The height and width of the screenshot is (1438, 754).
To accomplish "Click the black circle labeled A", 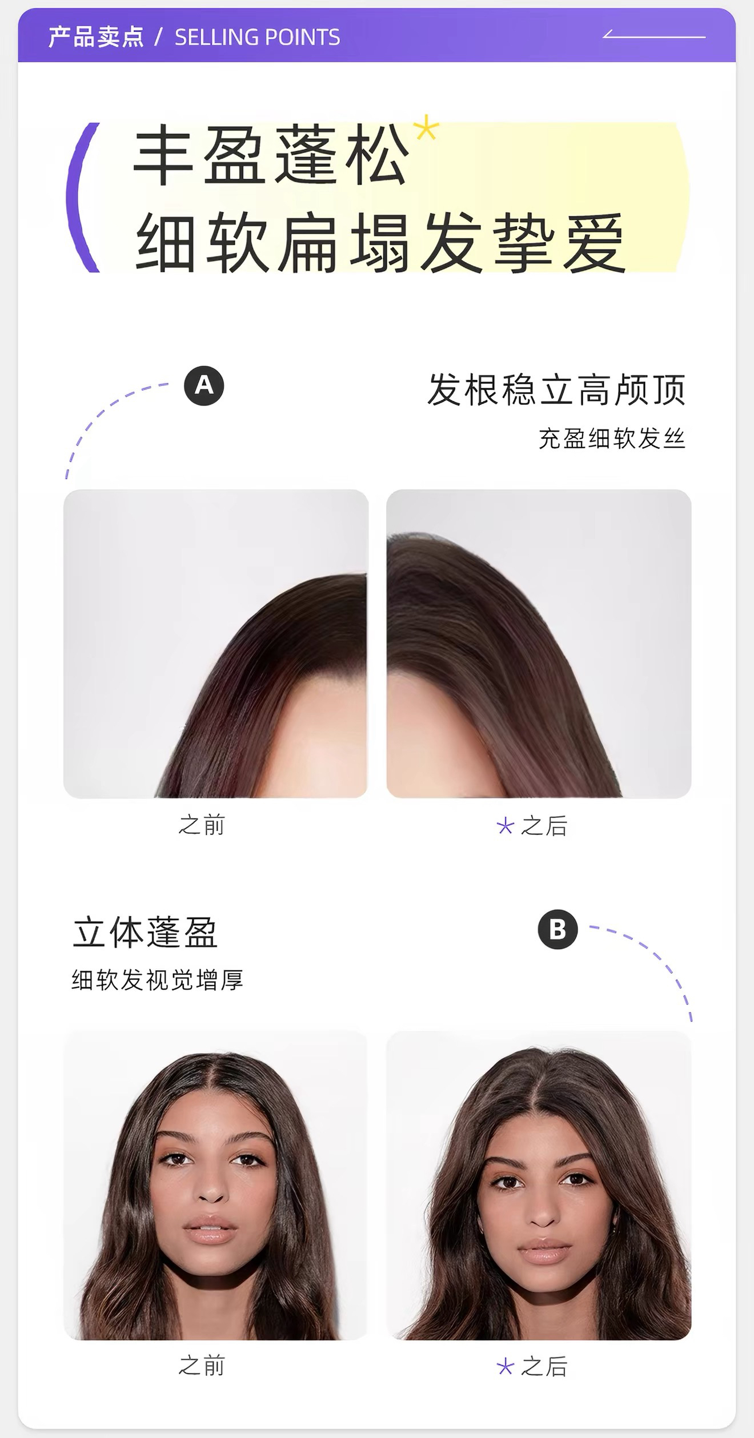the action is coord(204,386).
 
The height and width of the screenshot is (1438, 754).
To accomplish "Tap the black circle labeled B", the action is coord(558,929).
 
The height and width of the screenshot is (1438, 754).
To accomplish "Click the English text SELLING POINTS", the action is coord(257,38).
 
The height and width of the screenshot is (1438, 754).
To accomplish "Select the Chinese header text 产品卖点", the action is coord(96,38).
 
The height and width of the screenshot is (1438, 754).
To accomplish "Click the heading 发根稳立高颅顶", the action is coord(556,390).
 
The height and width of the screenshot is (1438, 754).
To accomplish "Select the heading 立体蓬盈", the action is coord(145,933).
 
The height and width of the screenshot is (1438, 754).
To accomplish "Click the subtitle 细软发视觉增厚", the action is coord(158,980).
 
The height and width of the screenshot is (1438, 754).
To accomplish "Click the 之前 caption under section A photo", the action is coord(202,825).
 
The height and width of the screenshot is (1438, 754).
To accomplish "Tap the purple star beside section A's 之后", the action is coord(505,826).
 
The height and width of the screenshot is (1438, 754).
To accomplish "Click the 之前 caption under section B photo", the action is coord(202,1366).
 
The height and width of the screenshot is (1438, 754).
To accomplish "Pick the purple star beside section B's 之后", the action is coord(505,1367).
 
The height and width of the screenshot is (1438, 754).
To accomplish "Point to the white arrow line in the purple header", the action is coord(654,36).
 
